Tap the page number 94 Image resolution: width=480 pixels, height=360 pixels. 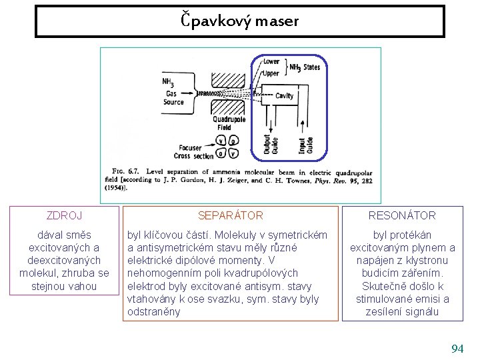click(x=457, y=349)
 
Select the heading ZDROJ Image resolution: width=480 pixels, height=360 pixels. click(x=64, y=215)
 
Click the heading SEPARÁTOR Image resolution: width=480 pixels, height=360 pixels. click(x=231, y=215)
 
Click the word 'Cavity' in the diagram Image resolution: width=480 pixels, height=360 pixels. click(x=285, y=96)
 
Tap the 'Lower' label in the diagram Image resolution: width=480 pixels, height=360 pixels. click(x=271, y=61)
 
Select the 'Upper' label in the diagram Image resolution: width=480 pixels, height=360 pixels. click(x=271, y=73)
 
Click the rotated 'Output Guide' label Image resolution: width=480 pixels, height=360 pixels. click(x=271, y=140)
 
